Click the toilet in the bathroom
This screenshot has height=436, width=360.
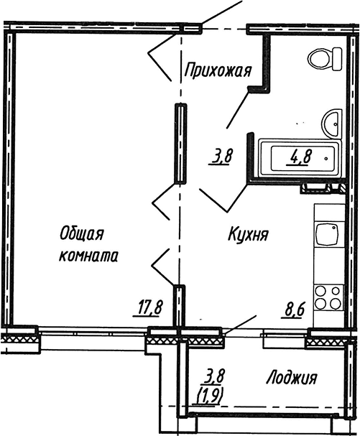[x=325, y=59]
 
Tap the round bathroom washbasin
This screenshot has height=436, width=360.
[x=331, y=123]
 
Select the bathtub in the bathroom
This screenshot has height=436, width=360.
[x=300, y=158]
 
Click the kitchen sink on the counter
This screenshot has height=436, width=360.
[x=327, y=234]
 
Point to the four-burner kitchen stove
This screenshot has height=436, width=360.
[x=328, y=298]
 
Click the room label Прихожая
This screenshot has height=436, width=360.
[x=218, y=70]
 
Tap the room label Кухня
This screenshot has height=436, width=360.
[x=248, y=234]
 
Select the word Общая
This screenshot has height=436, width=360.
[x=81, y=233]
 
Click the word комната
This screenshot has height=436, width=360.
[x=88, y=256]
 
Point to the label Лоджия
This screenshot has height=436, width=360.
[x=292, y=378]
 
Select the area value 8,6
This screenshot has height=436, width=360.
[x=293, y=311]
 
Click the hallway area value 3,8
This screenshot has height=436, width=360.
[x=219, y=157]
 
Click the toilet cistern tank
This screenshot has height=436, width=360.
[x=337, y=59]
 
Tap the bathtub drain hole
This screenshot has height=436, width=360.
[x=326, y=159]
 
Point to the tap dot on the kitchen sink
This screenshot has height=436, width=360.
[x=333, y=228]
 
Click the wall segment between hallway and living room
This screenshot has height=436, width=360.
[x=180, y=143]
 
